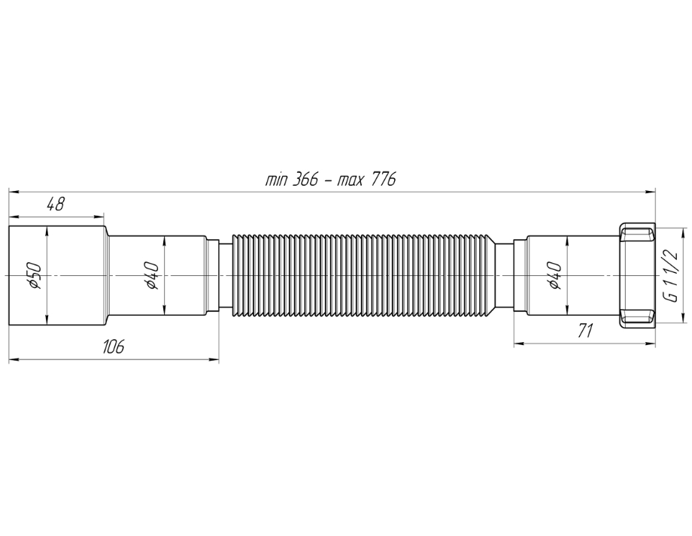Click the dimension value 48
click(56, 204)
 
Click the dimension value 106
click(113, 347)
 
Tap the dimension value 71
click(584, 330)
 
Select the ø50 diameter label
click(34, 276)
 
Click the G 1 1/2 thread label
click(671, 276)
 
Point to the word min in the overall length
click(276, 180)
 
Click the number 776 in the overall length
click(384, 179)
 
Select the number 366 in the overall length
click(305, 179)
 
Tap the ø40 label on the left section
click(152, 275)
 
